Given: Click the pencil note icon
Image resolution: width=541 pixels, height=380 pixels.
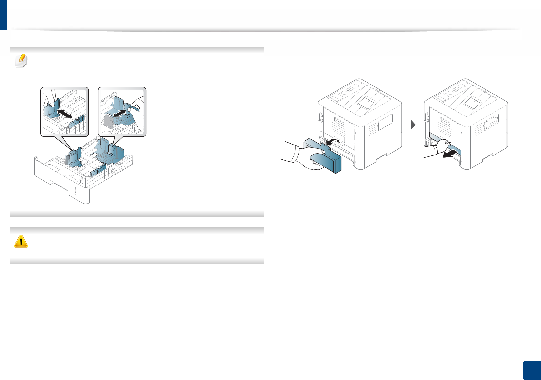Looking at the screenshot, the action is click(x=21, y=60).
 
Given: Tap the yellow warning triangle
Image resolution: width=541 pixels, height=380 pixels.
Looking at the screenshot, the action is click(x=21, y=241).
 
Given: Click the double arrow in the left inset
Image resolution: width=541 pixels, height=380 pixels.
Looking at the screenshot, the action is click(x=64, y=113).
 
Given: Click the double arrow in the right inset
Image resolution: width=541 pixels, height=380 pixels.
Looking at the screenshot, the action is click(x=119, y=114).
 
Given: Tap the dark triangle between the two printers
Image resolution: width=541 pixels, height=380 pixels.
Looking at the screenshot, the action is click(x=413, y=125).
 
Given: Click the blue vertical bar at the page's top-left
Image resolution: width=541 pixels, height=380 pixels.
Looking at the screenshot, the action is click(x=3, y=15).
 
